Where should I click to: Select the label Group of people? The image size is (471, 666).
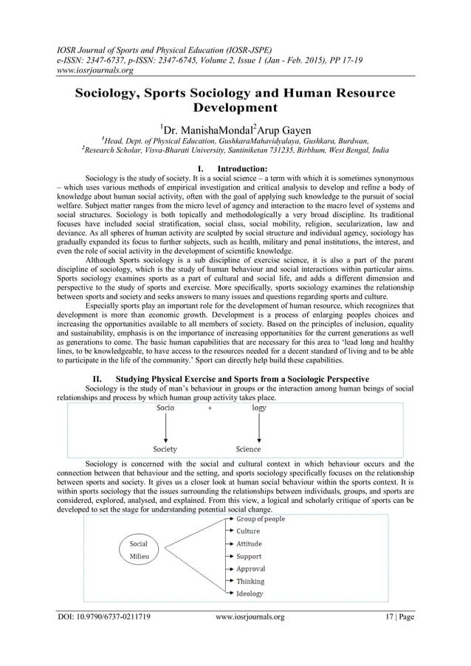click(x=260, y=519)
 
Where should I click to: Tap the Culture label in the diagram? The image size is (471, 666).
click(x=247, y=532)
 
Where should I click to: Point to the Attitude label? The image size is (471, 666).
click(x=249, y=544)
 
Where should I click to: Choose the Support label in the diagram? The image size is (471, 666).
click(x=249, y=557)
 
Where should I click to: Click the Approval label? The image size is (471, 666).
click(x=250, y=569)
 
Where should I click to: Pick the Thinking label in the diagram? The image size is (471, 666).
click(x=250, y=582)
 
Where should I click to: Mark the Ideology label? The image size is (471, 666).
click(x=250, y=594)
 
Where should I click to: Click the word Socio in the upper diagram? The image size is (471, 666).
click(x=165, y=408)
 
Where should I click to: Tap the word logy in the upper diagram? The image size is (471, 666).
click(x=259, y=408)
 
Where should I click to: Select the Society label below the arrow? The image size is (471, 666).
click(x=165, y=449)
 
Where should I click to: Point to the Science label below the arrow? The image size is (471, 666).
click(x=248, y=449)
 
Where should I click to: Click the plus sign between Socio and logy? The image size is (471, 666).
click(x=211, y=408)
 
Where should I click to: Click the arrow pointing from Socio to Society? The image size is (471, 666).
click(x=165, y=428)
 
